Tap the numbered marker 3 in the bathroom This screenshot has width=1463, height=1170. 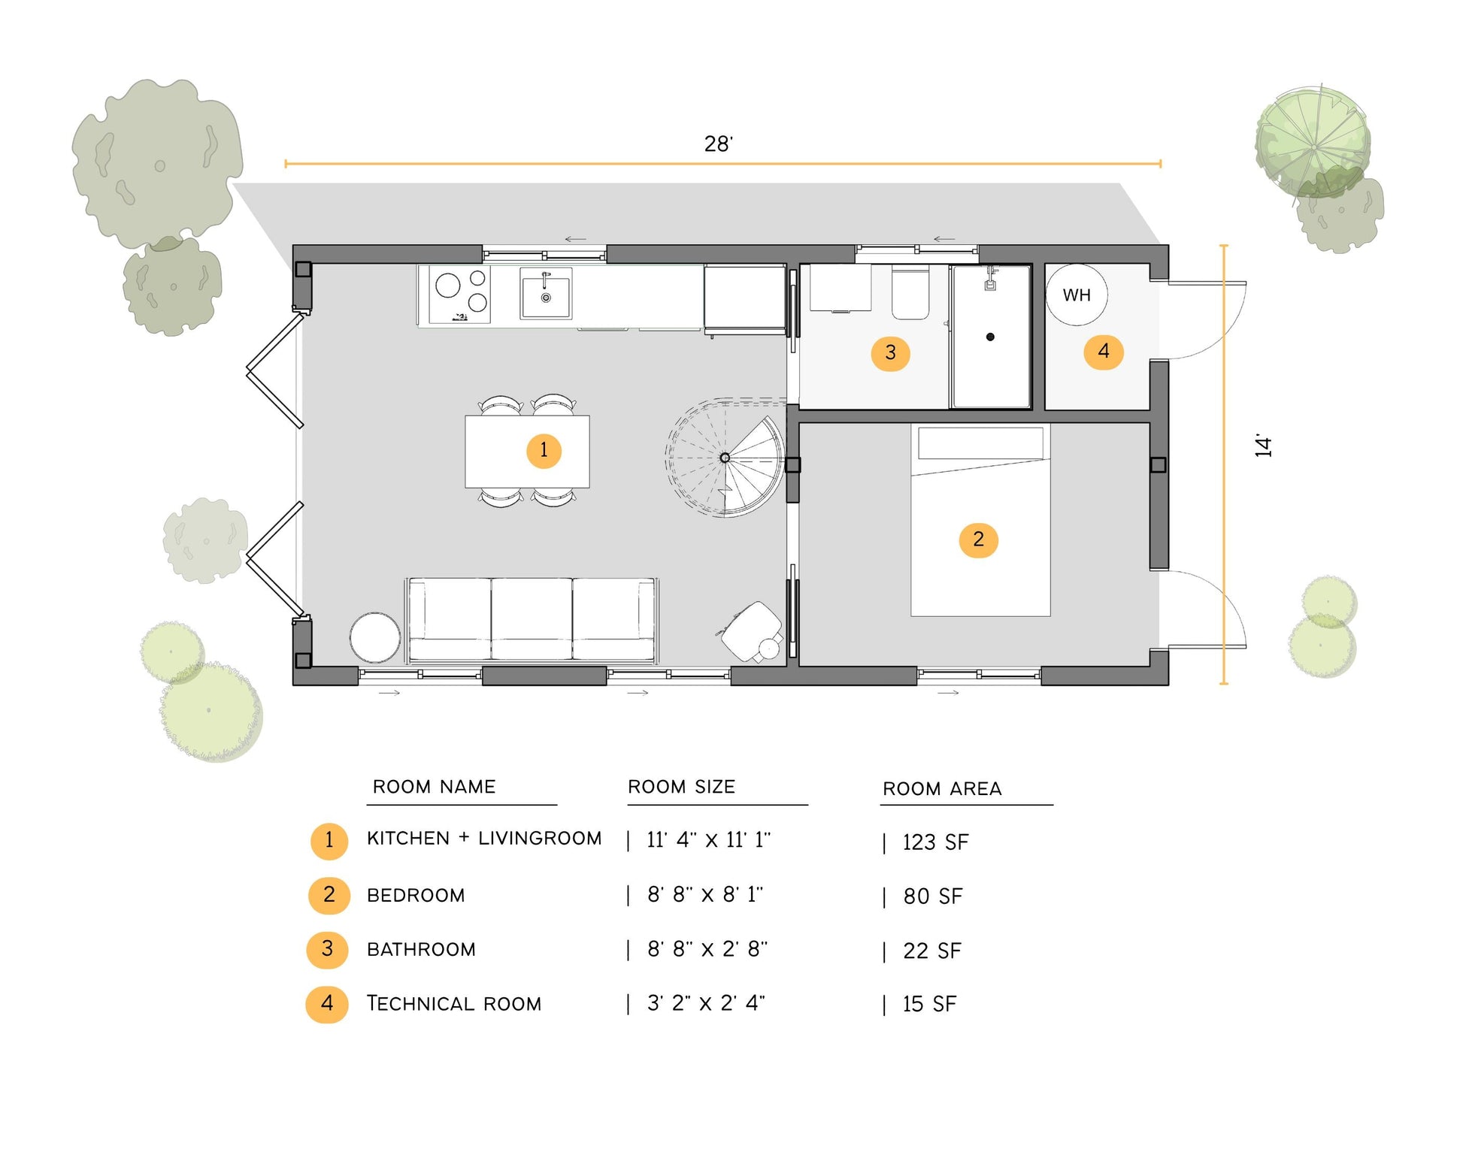coord(890,352)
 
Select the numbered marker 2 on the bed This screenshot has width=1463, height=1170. coord(978,539)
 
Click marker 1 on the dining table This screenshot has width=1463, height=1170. coord(544,450)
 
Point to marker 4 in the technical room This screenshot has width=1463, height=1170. coord(1103,352)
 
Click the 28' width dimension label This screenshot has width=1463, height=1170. coord(718,144)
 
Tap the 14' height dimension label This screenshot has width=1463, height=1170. coord(1264,446)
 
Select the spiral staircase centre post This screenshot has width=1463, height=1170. coord(725,458)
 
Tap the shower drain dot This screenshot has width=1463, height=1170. coord(990,337)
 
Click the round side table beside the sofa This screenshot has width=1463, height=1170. coord(374,637)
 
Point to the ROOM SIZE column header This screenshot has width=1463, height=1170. coord(681,787)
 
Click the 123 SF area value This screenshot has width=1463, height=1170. coord(935,842)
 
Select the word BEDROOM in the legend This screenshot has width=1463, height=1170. coord(416,896)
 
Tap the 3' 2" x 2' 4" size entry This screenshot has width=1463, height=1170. coord(706,1003)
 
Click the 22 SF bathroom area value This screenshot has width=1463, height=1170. coord(932,951)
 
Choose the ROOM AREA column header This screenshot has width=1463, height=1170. coord(942,788)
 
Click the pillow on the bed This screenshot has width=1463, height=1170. coord(980,443)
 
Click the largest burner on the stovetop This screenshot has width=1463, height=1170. coord(448,286)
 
